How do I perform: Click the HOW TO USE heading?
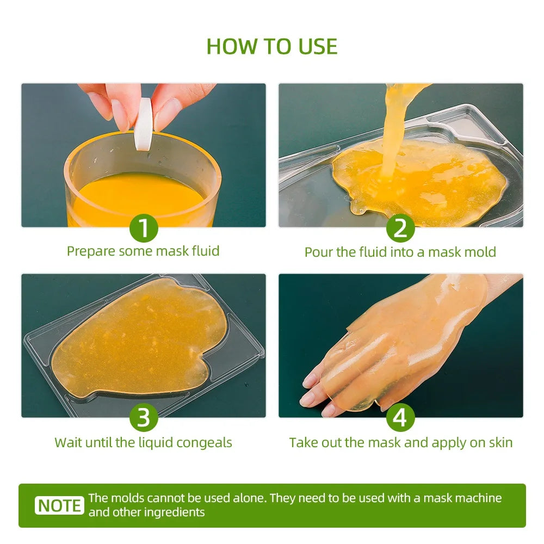[x=272, y=47]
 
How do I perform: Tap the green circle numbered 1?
[x=144, y=228]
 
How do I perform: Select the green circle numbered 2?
[x=400, y=228]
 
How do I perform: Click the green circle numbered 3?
[x=144, y=418]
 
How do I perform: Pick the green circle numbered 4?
[x=400, y=418]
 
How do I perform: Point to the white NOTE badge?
[x=60, y=505]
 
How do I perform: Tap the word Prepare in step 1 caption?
[x=91, y=251]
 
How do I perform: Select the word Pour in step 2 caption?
[x=317, y=252]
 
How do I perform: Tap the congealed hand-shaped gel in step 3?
[x=136, y=343]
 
